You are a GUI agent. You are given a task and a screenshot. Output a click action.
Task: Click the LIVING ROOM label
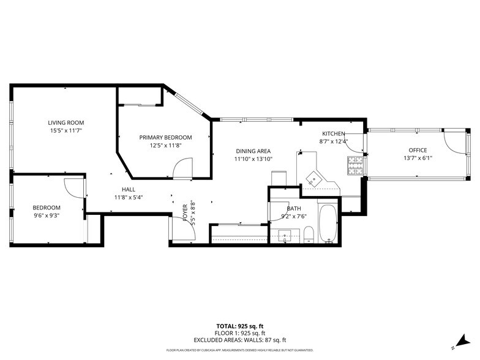coord(66,122)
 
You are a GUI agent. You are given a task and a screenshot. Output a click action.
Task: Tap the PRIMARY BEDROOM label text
coord(165,137)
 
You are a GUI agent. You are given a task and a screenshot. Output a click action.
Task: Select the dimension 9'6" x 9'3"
coord(47,216)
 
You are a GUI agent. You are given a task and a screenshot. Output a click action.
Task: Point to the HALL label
coord(129,190)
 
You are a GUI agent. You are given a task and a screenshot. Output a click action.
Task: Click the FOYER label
coord(185,212)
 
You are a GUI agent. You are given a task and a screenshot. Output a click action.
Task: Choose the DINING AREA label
coord(253,151)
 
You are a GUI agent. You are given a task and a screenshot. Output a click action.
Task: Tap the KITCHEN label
coord(334,133)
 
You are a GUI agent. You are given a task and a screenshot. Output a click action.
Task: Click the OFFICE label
coord(418,150)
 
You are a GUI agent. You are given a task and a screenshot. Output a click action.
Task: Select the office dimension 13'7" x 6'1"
coord(418,158)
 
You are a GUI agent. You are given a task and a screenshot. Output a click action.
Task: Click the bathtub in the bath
coord(328,224)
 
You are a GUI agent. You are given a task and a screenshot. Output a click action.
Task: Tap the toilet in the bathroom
coord(309,234)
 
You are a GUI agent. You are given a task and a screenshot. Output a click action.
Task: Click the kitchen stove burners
coord(355,165)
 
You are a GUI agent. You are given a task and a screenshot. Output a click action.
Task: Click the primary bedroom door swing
coord(182,168)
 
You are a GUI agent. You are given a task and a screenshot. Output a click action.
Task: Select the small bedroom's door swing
coord(73,188)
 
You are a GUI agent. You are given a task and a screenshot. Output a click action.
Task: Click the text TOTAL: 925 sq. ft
coord(240,326)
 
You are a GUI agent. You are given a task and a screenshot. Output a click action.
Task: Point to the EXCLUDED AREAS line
coord(240,340)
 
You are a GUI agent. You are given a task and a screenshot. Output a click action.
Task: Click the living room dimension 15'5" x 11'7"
coord(66,131)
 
